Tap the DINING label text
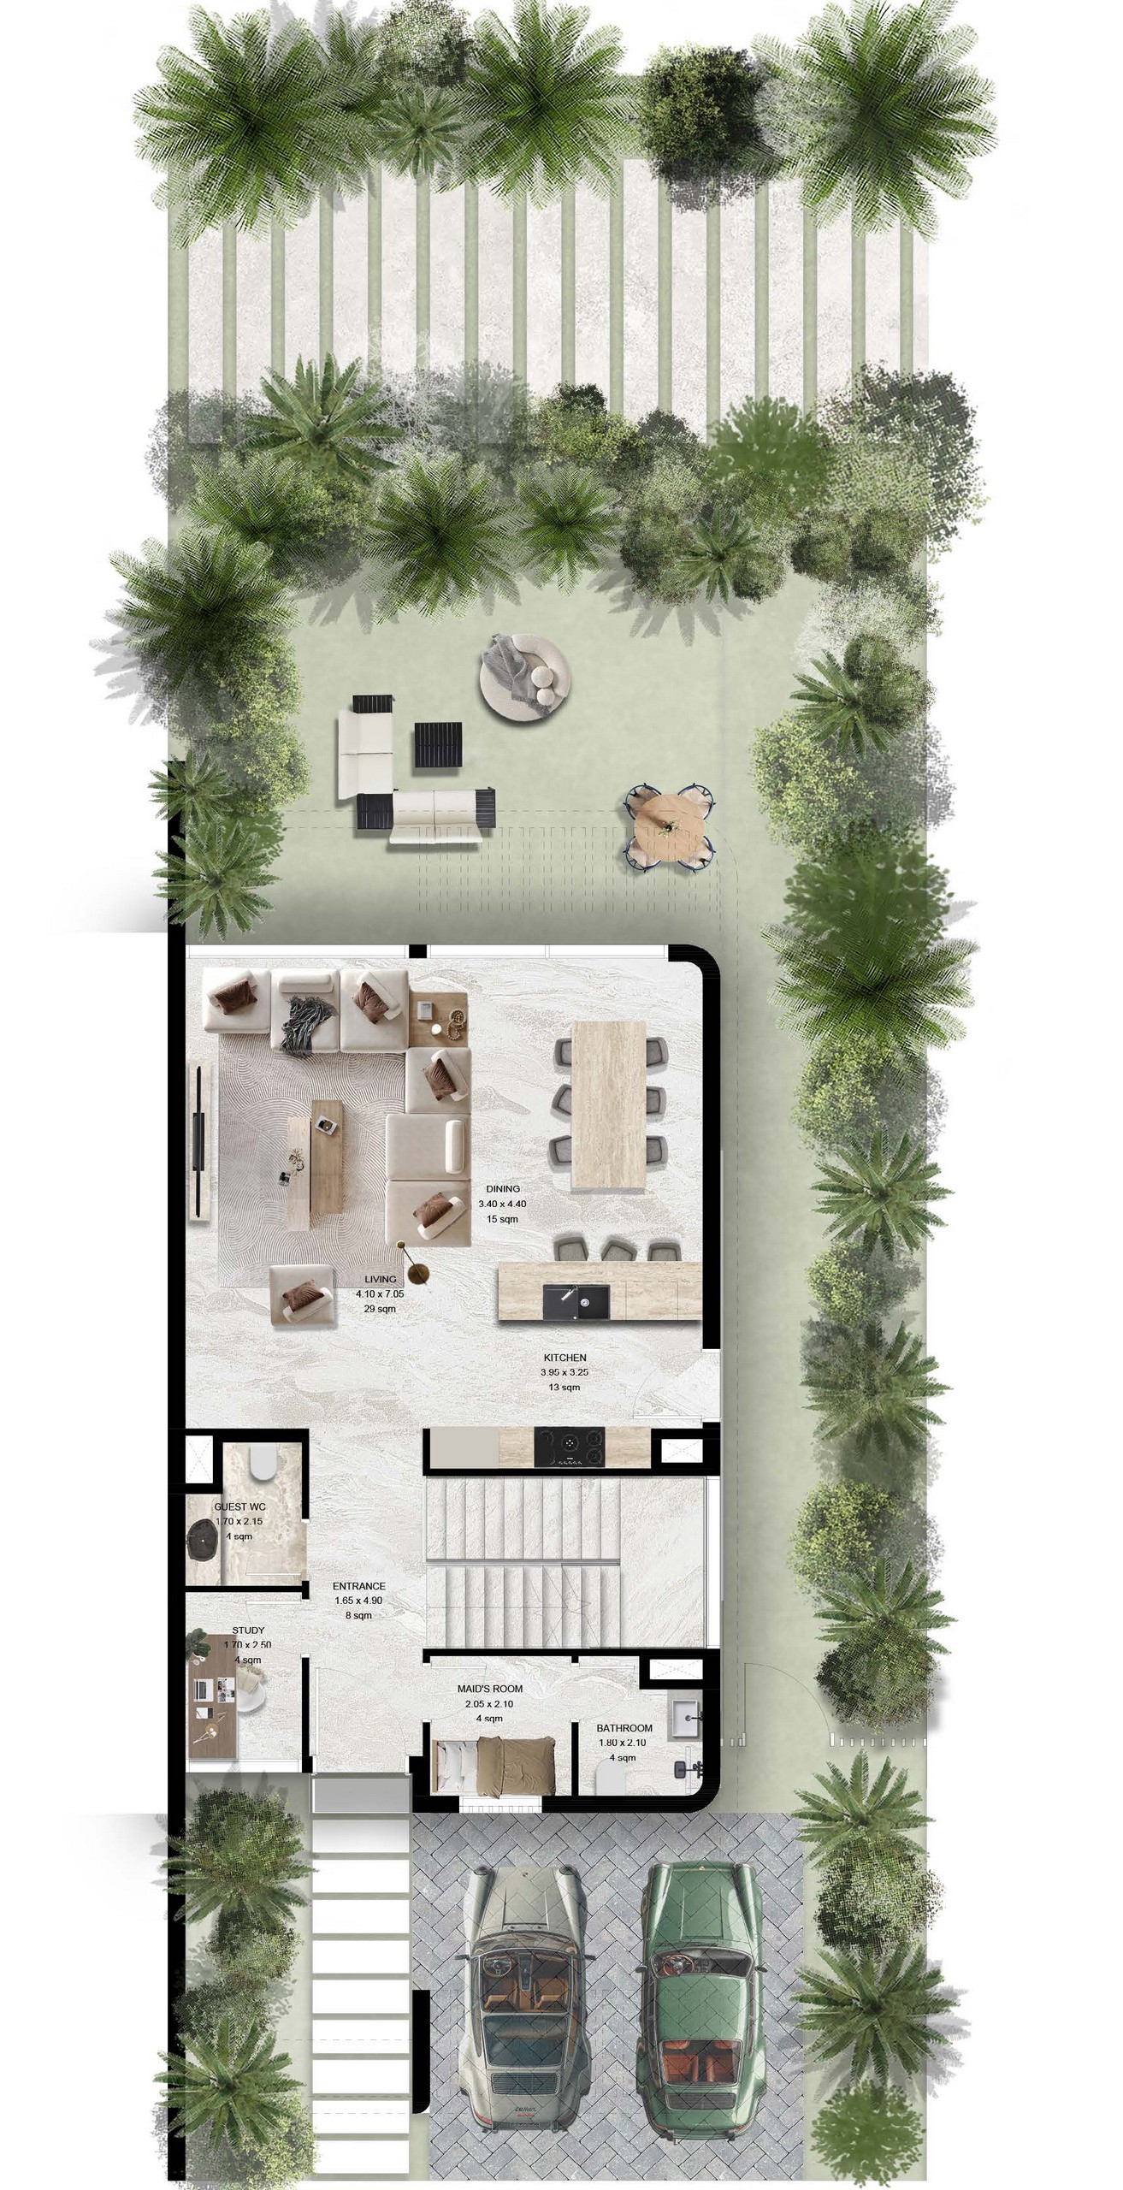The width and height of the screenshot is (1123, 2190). click(503, 1189)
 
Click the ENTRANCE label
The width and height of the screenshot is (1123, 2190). click(359, 1586)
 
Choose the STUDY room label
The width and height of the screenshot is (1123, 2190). click(248, 1631)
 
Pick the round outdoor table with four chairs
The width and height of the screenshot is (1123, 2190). click(671, 825)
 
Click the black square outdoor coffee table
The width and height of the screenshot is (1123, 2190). click(439, 745)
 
